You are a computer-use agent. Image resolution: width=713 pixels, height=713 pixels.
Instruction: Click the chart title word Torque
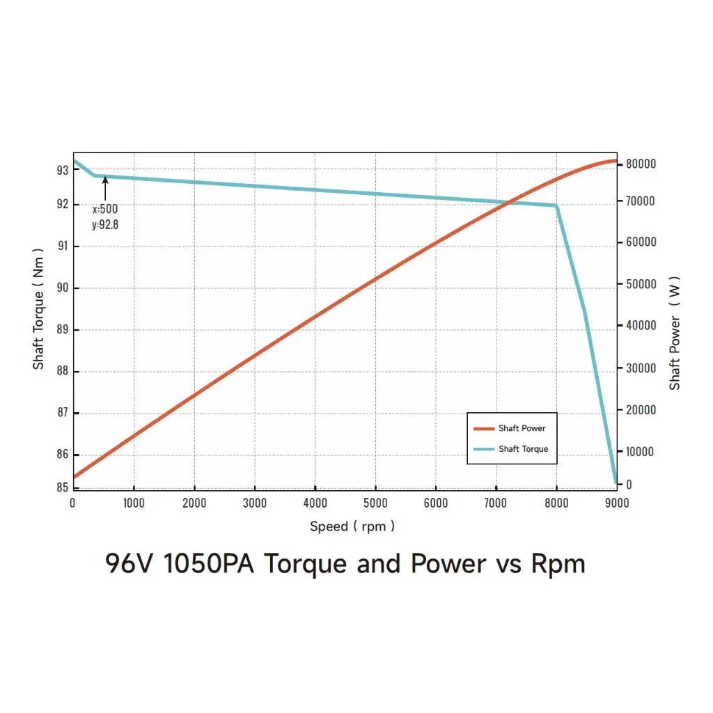(305, 563)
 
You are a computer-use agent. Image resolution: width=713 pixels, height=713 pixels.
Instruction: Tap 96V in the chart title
(130, 563)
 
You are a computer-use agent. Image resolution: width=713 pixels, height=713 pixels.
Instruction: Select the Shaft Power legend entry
(522, 428)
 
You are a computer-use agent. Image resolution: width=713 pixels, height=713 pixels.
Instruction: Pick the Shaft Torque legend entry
(523, 449)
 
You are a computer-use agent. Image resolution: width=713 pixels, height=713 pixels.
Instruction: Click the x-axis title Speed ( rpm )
(352, 526)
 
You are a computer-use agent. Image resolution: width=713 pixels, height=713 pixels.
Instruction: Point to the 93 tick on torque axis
(63, 170)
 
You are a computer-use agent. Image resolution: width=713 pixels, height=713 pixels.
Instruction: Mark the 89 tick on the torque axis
(63, 329)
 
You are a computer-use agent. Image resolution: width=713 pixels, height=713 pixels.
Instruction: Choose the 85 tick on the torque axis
(63, 487)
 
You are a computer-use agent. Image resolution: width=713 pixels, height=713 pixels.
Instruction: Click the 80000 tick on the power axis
(641, 164)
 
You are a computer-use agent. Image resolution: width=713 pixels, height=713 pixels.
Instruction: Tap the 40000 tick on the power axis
(641, 325)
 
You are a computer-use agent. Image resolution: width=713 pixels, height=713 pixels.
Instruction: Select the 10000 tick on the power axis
(641, 451)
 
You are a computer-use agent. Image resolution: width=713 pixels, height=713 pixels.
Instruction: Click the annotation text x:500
(105, 209)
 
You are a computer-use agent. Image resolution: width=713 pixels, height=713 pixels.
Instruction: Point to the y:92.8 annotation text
(105, 224)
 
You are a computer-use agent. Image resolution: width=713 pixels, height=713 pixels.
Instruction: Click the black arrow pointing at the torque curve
(105, 188)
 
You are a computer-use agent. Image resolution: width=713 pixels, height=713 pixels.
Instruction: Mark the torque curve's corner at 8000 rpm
(556, 205)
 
